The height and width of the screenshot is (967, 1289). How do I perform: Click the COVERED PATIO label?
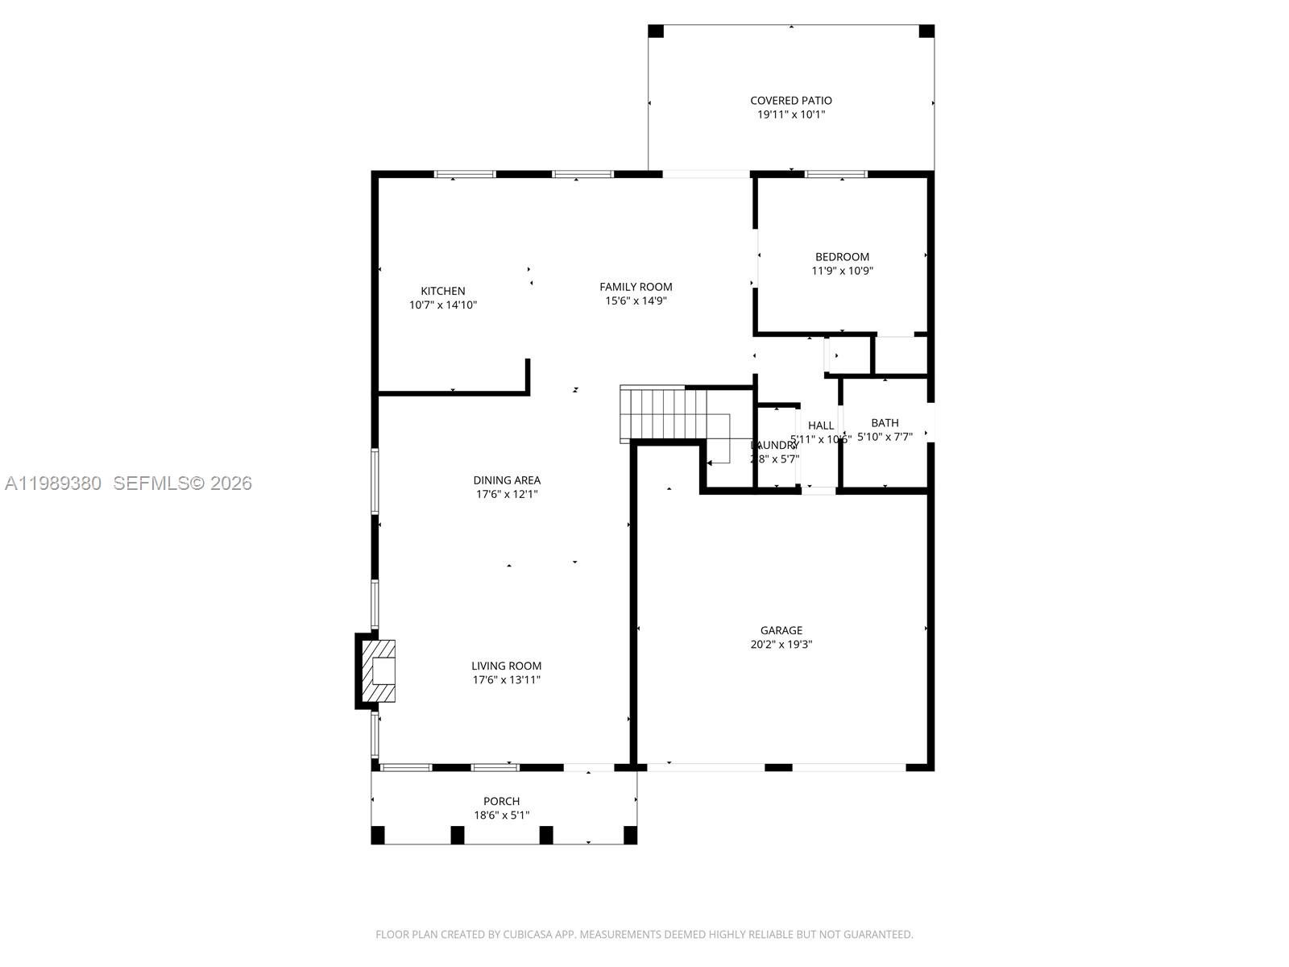coord(790,101)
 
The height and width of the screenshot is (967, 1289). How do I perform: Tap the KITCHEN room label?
coord(442,291)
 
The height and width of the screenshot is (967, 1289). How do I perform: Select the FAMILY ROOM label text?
coord(636,287)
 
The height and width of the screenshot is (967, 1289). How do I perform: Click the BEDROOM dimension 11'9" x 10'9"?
coord(842,271)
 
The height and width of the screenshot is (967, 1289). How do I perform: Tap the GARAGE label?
coord(781,630)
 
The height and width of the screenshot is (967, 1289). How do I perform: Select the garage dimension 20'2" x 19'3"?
coord(781,645)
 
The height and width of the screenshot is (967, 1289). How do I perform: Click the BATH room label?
coord(885,422)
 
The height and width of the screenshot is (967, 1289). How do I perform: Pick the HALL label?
coord(821,425)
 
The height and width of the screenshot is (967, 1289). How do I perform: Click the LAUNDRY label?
coord(773,446)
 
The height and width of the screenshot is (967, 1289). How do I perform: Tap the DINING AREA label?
coord(506,480)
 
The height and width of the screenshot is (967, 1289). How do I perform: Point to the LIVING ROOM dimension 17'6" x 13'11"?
coord(506,680)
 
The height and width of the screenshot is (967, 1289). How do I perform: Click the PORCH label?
coord(501,801)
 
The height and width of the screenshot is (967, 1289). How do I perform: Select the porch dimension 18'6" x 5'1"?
coord(501,816)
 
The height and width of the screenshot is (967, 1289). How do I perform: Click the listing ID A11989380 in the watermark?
coord(53,483)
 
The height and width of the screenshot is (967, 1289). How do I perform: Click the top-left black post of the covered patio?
coord(656,31)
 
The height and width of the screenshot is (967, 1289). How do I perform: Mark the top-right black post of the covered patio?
coord(926,31)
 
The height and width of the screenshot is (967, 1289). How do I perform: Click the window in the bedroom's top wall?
coord(835,174)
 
